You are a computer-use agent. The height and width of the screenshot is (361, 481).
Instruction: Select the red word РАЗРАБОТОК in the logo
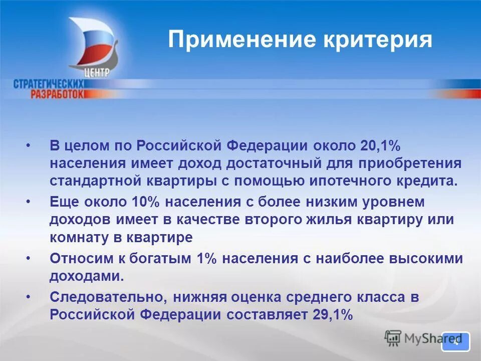coord(58,94)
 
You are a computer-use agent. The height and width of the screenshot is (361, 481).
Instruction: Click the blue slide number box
coord(455,342)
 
